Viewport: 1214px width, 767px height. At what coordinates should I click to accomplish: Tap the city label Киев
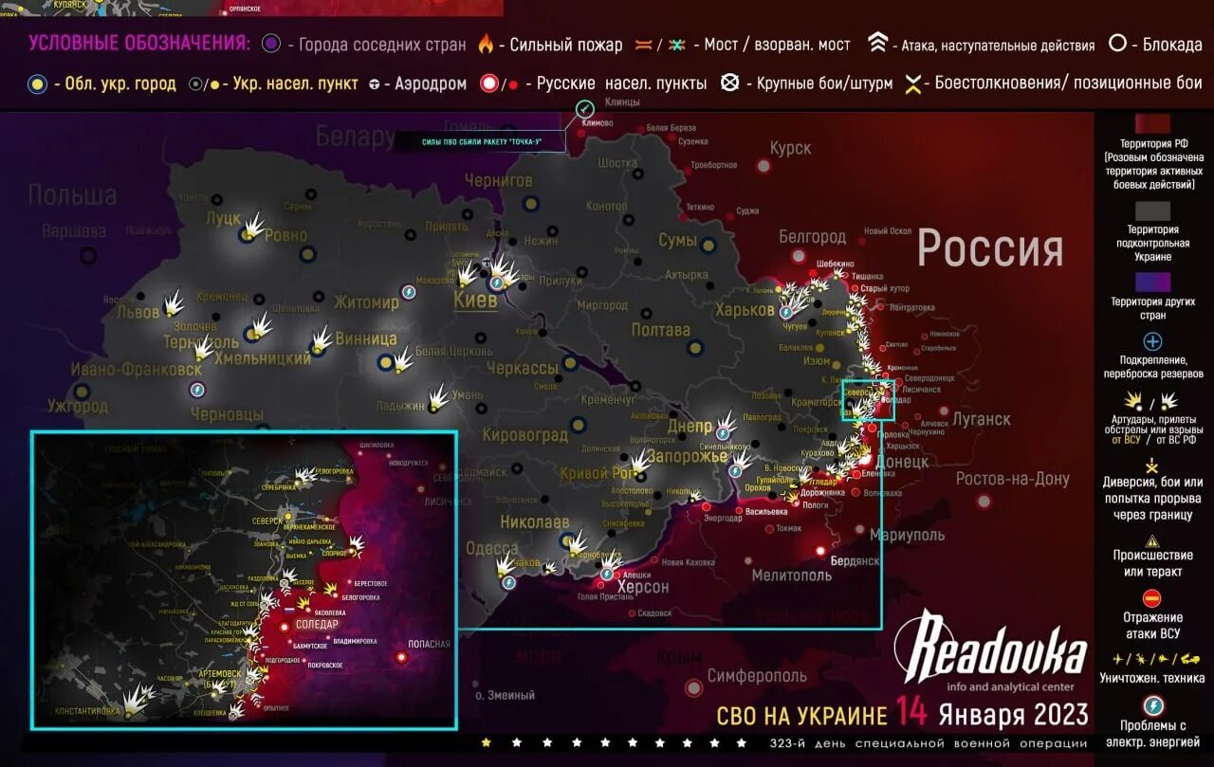[x=475, y=301]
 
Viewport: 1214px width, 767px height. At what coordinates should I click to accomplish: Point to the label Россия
[x=990, y=249]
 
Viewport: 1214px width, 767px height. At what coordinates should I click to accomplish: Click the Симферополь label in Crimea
[x=757, y=676]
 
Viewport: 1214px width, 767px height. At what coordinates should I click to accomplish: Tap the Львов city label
[x=138, y=312]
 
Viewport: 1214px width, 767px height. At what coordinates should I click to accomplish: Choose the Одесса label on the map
[x=492, y=549]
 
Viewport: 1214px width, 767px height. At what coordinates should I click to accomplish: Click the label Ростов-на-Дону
[x=1012, y=479]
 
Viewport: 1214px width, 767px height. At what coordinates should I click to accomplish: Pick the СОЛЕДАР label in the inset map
[x=317, y=625]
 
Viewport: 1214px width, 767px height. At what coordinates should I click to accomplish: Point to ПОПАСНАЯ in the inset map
[x=429, y=644]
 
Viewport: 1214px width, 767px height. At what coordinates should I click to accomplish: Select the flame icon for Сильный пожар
[x=486, y=45]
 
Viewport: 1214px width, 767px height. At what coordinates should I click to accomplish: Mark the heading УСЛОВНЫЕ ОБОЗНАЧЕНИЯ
[x=139, y=43]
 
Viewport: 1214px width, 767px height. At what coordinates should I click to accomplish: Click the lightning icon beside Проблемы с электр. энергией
[x=1152, y=705]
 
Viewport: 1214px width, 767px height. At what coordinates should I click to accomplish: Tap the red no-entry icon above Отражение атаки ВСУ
[x=1152, y=597]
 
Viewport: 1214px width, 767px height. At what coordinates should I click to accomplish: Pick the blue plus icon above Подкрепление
[x=1152, y=341]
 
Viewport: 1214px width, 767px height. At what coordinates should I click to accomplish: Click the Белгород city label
[x=812, y=236]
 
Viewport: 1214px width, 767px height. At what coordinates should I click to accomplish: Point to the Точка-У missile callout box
[x=481, y=142]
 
